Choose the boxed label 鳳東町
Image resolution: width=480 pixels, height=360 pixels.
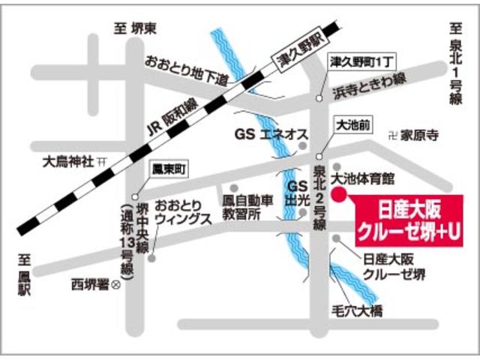(167, 169)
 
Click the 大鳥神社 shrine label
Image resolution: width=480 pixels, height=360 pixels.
(67, 161)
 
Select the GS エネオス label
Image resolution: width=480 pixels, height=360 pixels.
(271, 134)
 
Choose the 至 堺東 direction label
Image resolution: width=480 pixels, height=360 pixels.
(135, 28)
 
